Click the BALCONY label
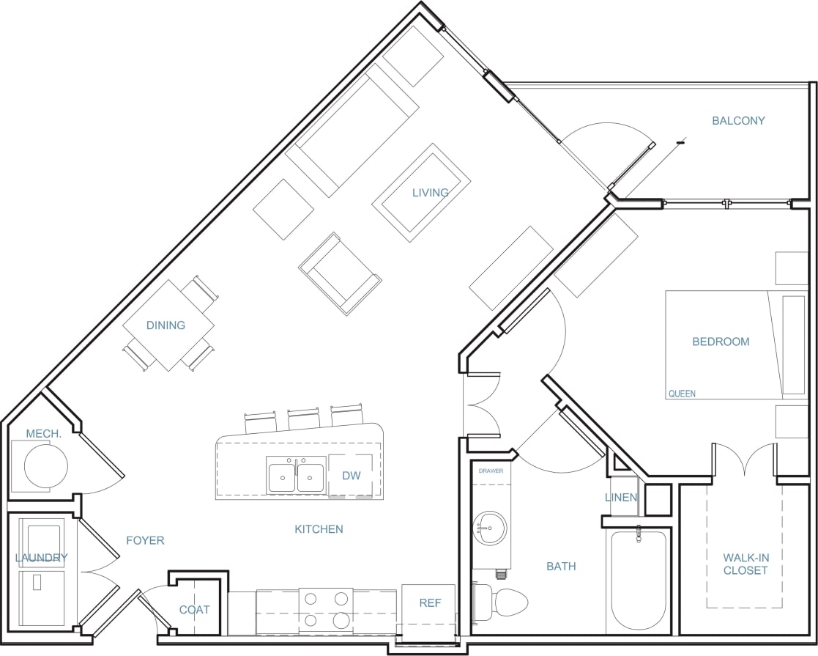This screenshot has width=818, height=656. pos(738,121)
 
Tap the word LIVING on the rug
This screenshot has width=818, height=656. pos(430,193)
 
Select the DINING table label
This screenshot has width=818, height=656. pos(166,325)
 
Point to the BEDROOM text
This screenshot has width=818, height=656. pos(721,342)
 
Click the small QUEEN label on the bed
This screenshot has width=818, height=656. pos(681,394)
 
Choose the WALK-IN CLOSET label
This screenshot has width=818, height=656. pos(746,564)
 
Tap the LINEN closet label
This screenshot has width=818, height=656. pos(621,498)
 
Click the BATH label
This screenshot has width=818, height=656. pos(561,566)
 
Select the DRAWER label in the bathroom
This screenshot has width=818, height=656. pos(491,471)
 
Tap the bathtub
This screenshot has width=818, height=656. pos(636,579)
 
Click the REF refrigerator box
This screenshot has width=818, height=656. pos(429,603)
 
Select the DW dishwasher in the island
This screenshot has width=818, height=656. pos(351,476)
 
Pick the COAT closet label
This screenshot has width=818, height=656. pos(195,610)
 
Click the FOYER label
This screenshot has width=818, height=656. pos(145,541)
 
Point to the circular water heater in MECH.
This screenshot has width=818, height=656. pos(46,465)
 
